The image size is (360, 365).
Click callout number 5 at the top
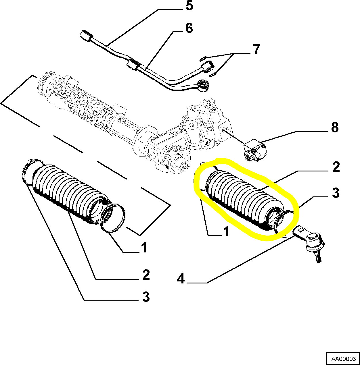point(189,6)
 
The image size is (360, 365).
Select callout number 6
point(189,28)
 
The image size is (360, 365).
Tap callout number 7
point(256,49)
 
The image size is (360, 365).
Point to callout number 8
point(335,128)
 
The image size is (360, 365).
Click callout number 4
point(181,279)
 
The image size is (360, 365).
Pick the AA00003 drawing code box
point(343,359)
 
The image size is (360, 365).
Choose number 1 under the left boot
point(144,248)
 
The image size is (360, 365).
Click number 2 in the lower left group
point(146,275)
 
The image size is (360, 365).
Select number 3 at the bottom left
point(146,296)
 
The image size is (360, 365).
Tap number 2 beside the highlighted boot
point(336,167)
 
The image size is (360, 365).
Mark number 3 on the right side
point(336,193)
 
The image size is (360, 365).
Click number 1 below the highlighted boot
point(227,231)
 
